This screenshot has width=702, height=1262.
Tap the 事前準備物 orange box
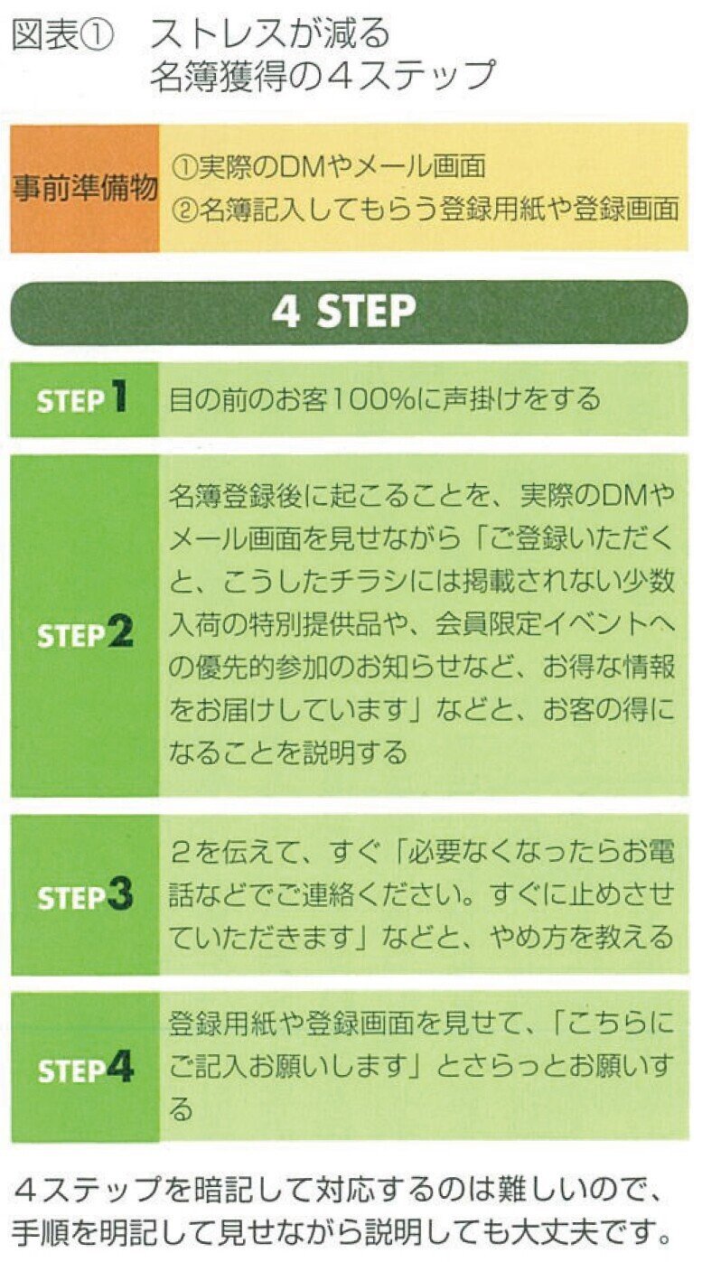[x=85, y=189]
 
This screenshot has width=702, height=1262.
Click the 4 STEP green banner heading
[x=349, y=313]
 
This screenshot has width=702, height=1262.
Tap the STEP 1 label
[x=82, y=399]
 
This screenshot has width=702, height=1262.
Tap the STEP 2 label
[x=85, y=634]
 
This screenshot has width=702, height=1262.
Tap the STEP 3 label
[x=85, y=896]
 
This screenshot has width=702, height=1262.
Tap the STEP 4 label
[x=85, y=1069]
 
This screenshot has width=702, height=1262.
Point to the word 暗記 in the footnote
[x=215, y=1194]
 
